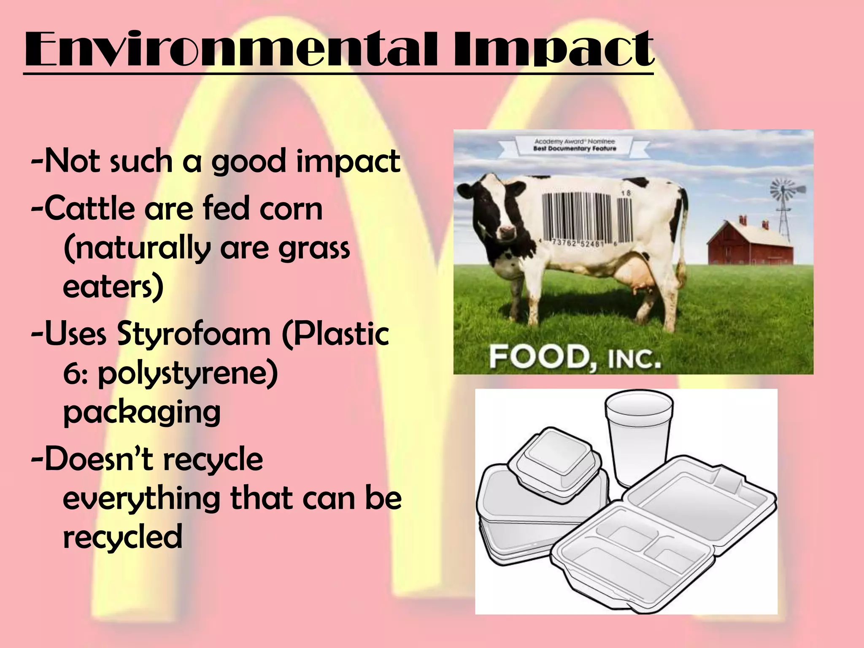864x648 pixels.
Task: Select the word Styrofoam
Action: click(x=193, y=334)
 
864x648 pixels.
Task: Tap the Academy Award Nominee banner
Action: click(x=575, y=145)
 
